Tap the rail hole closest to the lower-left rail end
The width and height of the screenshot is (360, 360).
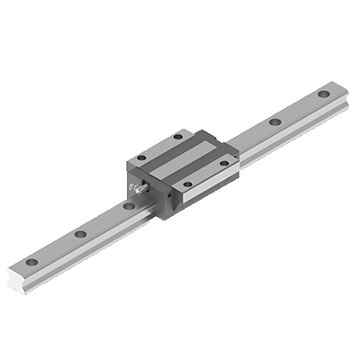(x=33, y=262)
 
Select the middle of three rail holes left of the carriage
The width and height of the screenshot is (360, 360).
(x=81, y=234)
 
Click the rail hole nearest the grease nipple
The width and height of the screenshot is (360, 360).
(x=129, y=206)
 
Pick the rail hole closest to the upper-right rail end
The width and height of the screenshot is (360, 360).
(x=322, y=94)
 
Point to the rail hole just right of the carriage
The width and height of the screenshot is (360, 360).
(x=274, y=121)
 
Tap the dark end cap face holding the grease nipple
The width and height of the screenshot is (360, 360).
(x=149, y=193)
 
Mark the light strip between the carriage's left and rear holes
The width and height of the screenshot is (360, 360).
(x=157, y=147)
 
